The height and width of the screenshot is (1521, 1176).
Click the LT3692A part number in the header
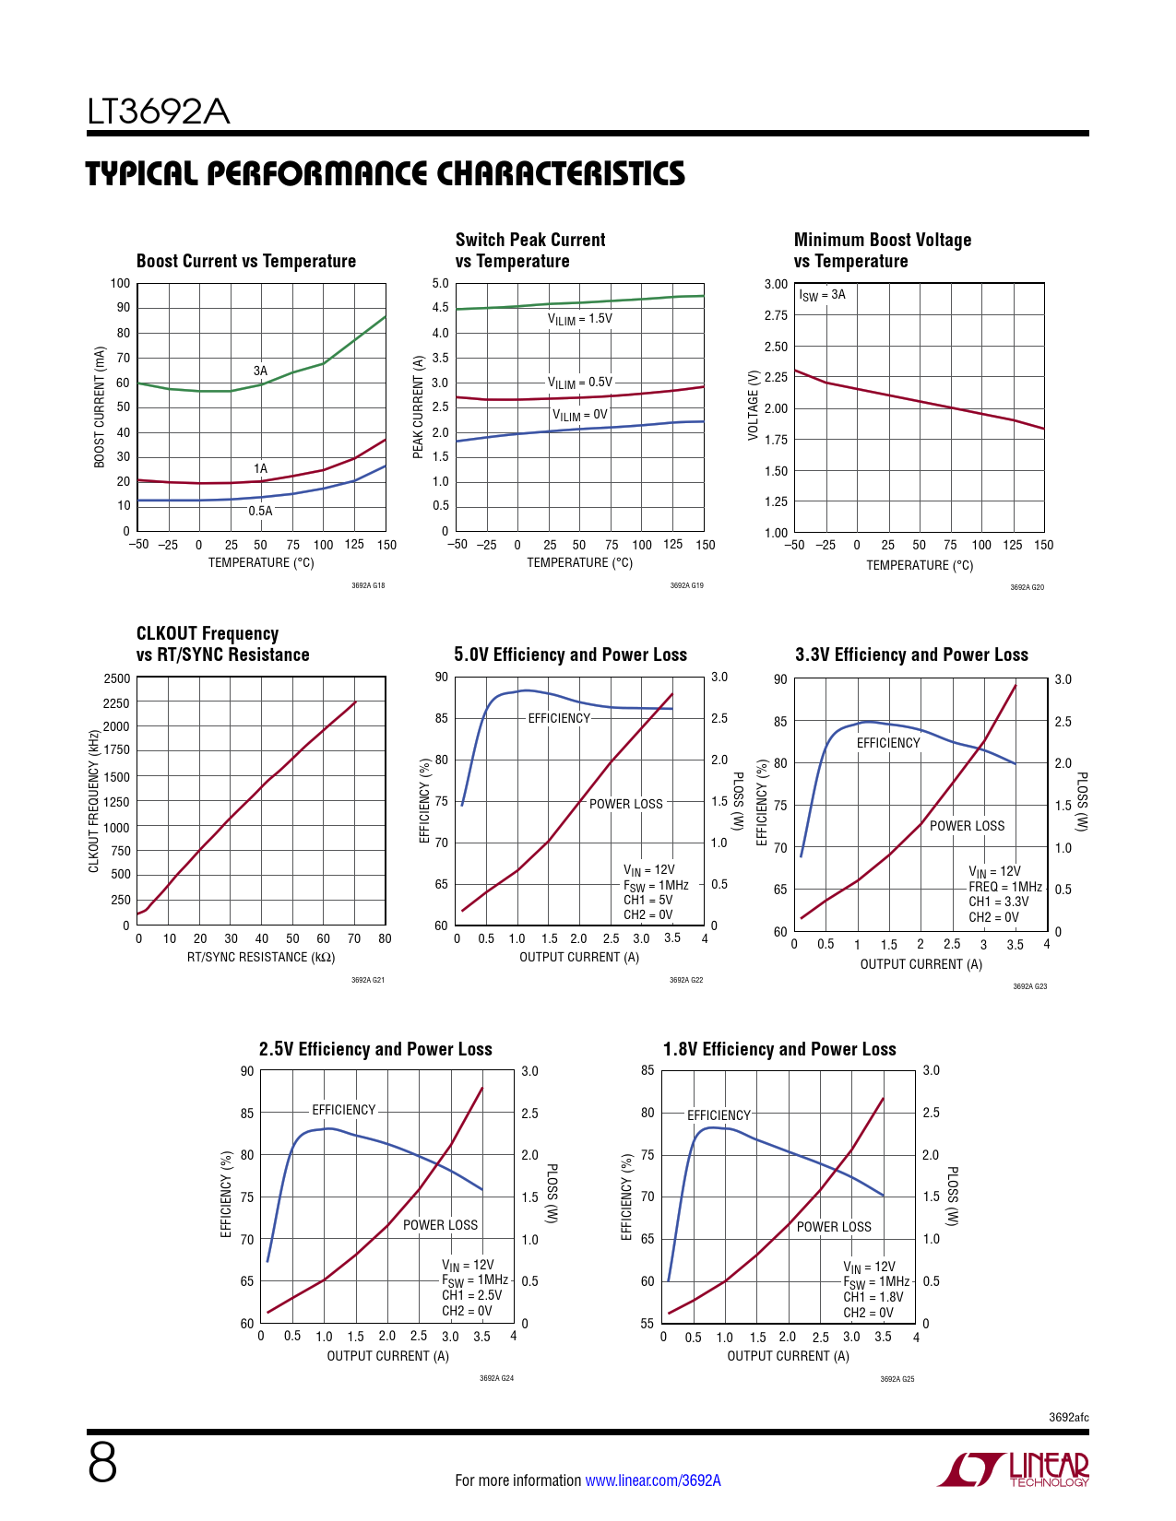pos(158,112)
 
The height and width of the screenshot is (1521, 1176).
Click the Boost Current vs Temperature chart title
pos(245,261)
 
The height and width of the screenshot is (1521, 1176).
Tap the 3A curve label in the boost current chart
pos(260,371)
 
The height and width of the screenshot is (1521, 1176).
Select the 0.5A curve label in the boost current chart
pos(260,511)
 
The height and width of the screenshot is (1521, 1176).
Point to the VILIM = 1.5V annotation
pos(580,319)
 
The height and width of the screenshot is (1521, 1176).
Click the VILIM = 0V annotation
pos(580,415)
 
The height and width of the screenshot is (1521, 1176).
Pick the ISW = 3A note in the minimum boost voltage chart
pos(822,295)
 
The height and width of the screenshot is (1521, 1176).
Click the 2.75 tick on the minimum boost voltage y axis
pos(776,315)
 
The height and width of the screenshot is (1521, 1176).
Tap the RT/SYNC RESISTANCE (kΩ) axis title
pos(260,957)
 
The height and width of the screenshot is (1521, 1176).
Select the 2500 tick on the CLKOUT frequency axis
pos(116,678)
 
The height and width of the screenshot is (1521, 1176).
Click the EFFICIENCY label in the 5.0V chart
pos(559,718)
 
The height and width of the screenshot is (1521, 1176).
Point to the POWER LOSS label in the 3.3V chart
pos(967,826)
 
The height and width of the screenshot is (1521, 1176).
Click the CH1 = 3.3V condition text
pos(998,902)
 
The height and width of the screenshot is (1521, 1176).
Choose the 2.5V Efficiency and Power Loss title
pos(375,1049)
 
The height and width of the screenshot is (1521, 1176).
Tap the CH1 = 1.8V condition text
pos(873,1296)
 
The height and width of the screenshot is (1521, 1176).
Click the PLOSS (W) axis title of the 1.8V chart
pos(952,1196)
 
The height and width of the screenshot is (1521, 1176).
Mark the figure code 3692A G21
pos(367,980)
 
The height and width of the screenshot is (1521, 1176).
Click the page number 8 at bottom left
pos(102,1463)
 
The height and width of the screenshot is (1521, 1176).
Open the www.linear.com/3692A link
pos(653,1480)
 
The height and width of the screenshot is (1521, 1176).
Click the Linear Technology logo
pos(1014,1469)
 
